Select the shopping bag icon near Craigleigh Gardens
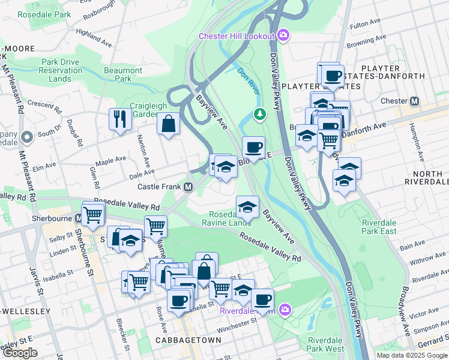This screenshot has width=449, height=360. click(169, 124)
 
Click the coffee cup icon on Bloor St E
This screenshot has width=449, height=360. click(253, 147)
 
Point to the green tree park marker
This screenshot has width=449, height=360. click(259, 113)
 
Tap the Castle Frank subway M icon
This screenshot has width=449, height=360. click(188, 187)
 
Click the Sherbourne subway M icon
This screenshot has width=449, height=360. click(79, 218)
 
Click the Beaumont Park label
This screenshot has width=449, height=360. click(123, 74)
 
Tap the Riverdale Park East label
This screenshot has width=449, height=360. click(379, 227)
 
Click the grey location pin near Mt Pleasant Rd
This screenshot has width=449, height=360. click(26, 138)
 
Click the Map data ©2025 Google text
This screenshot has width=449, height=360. click(411, 355)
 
